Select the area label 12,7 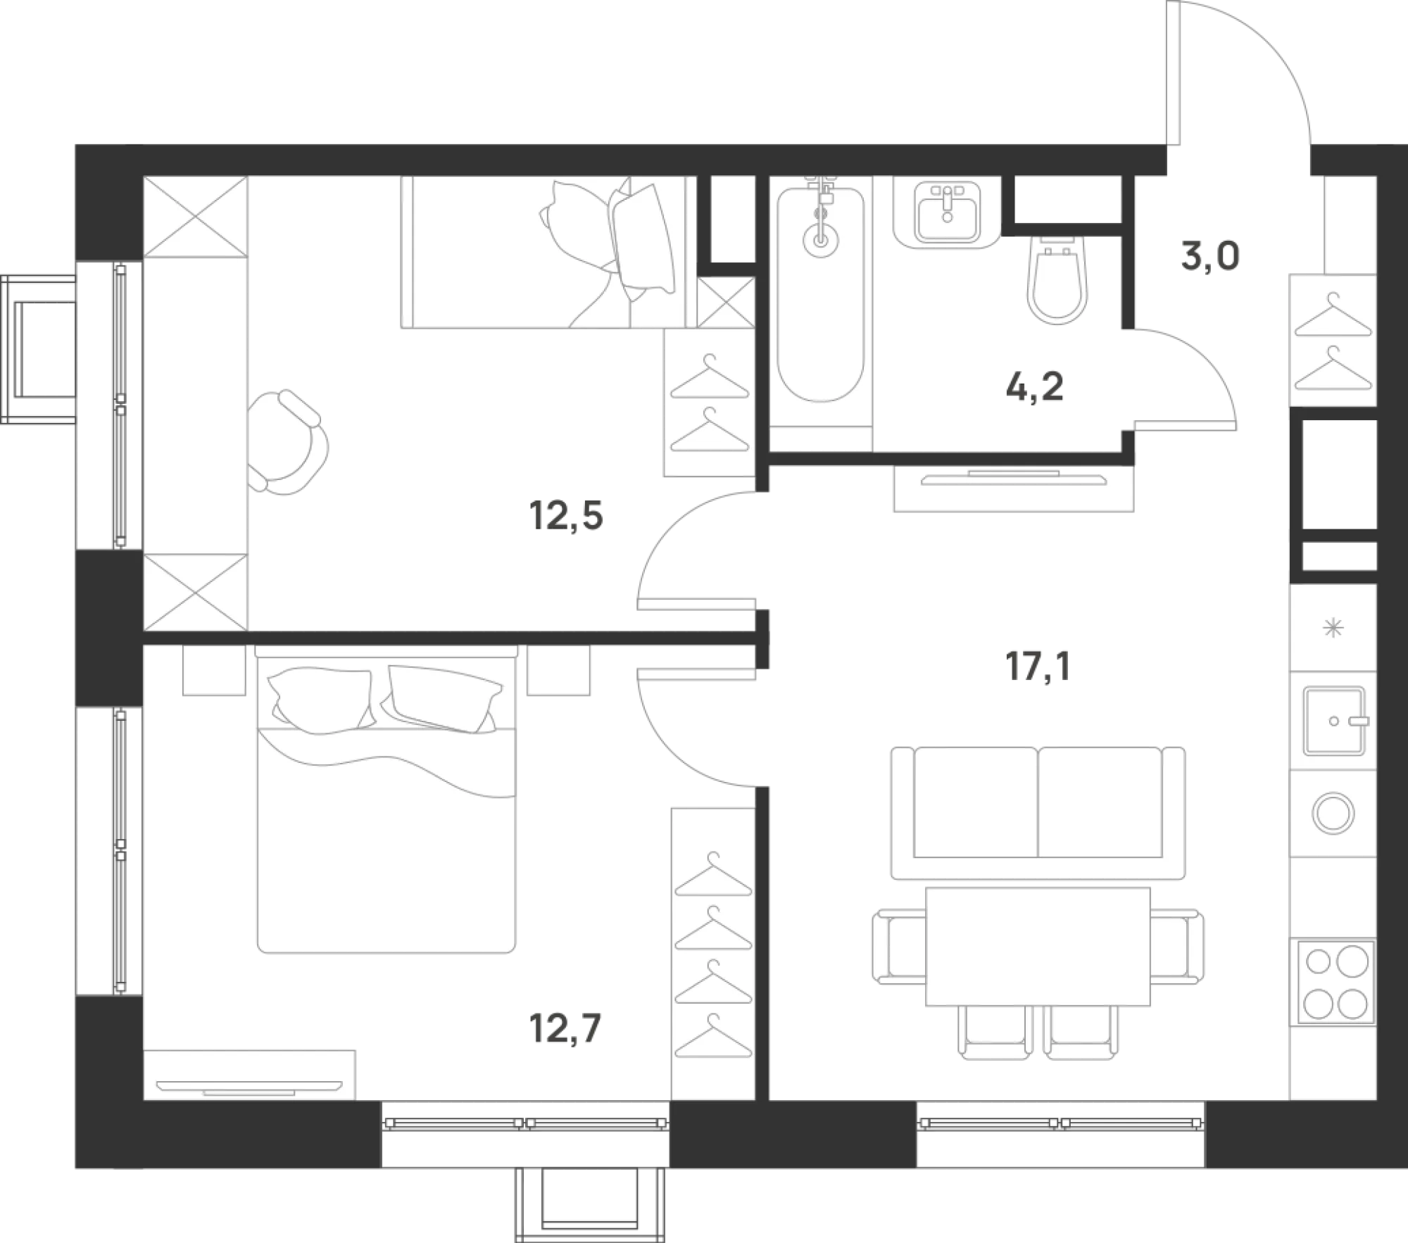[565, 1028]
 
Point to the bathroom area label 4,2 [1034, 386]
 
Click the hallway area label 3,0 [1210, 256]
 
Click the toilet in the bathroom [1057, 279]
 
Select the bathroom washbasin [947, 211]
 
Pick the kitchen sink [1334, 721]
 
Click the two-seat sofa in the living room [1038, 813]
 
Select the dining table [1038, 946]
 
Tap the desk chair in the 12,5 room [287, 443]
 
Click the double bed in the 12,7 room [386, 800]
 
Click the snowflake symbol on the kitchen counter [1333, 627]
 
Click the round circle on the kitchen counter [1333, 813]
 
